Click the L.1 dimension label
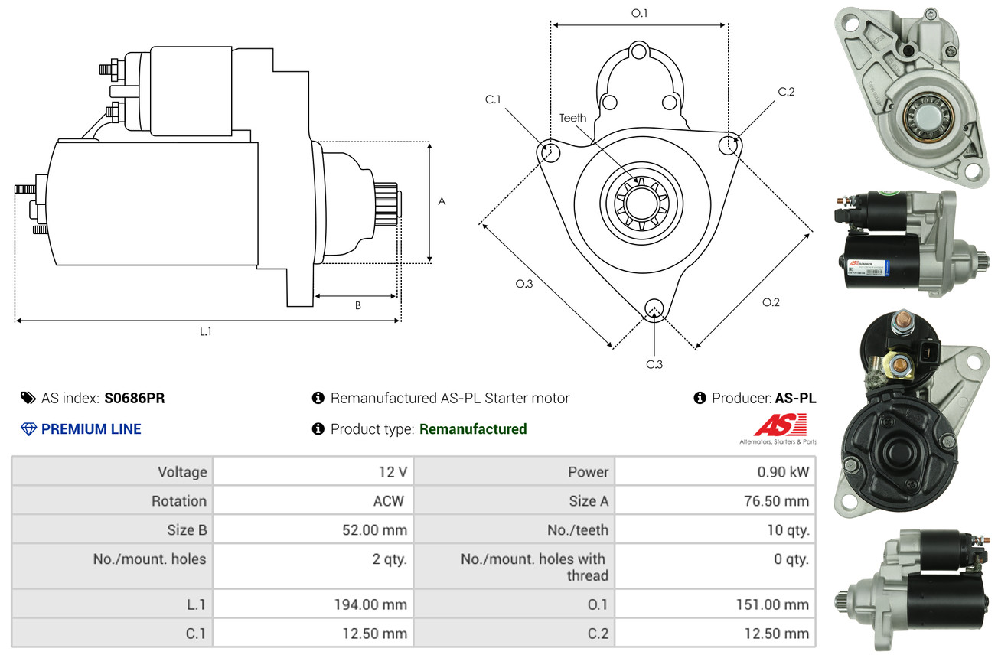[205, 331]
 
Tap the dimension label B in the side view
[357, 305]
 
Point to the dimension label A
[441, 201]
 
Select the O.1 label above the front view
[639, 13]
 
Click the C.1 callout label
[493, 99]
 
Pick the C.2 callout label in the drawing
[786, 92]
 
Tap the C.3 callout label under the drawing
[654, 364]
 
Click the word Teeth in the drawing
[572, 118]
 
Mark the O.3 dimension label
[523, 284]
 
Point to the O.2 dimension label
[771, 302]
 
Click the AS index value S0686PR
[135, 398]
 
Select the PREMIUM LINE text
[91, 429]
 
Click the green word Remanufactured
[473, 429]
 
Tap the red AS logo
[780, 425]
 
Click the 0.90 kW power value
[783, 471]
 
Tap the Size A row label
[589, 501]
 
